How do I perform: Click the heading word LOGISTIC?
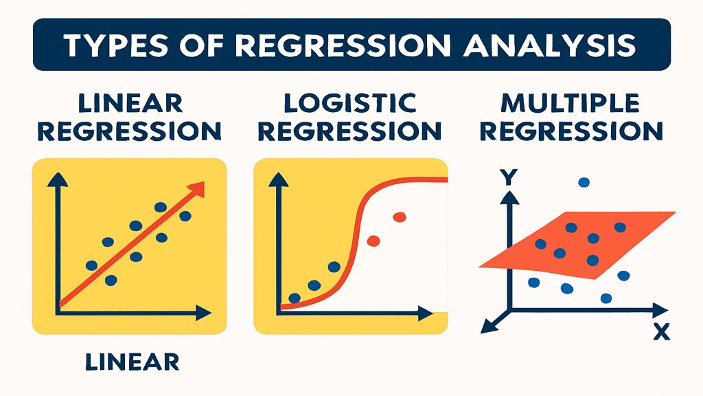pos(350,103)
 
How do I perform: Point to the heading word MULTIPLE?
pos(571,103)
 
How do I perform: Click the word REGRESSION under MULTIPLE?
pos(571,131)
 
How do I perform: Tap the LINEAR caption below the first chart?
pos(132,362)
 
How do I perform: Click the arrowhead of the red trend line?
pos(197,189)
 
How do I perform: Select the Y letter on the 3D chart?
pos(509,177)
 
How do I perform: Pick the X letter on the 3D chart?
pos(661,332)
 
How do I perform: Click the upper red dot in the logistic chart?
pos(399,217)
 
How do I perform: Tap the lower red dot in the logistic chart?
pos(373,241)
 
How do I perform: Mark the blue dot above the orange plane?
pos(584,182)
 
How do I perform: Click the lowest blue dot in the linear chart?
pos(111,280)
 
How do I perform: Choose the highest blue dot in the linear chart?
pos(161,207)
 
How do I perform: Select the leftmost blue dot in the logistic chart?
pos(295,298)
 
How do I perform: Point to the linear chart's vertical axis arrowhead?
pos(58,179)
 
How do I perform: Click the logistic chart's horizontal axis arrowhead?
pos(426,313)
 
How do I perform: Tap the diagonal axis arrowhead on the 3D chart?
pos(487,327)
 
